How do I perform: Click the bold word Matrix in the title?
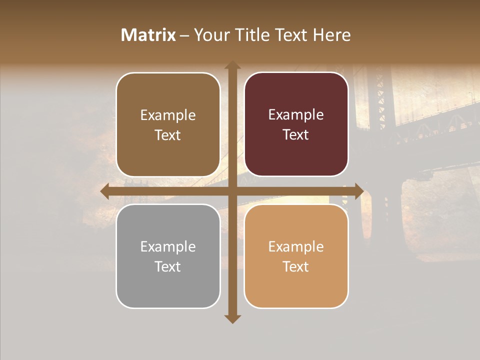(x=148, y=35)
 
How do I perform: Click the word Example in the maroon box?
(x=296, y=115)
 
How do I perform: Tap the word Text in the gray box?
(x=167, y=266)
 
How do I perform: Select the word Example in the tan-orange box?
(x=296, y=246)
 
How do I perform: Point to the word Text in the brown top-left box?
(x=167, y=135)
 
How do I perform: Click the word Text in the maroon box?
(x=295, y=135)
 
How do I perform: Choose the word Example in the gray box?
(x=168, y=246)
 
